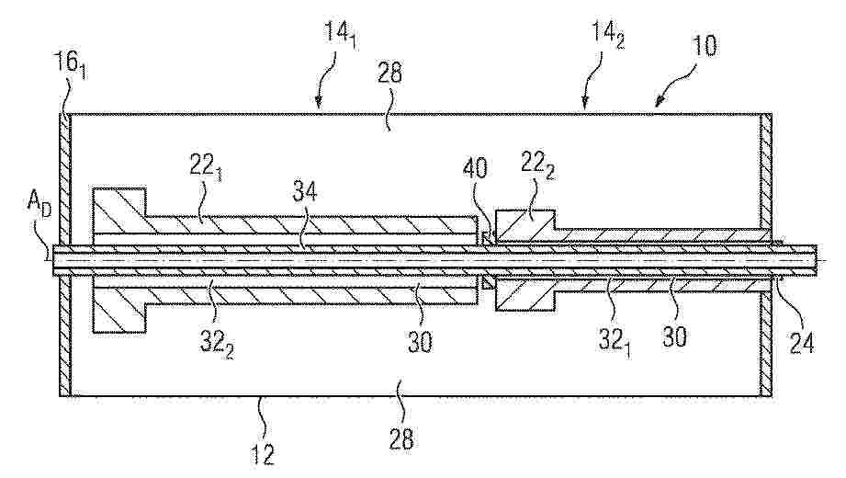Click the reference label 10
tap(705, 46)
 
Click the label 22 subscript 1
tap(208, 166)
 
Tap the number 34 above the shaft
tap(305, 191)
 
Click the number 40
tap(474, 168)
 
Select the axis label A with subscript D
tap(40, 207)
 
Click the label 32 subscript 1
tap(614, 341)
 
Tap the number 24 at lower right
tap(801, 343)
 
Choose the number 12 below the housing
tap(263, 453)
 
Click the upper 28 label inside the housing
tap(390, 73)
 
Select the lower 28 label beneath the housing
tap(400, 439)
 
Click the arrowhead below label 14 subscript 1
tap(319, 101)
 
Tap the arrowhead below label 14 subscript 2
tap(585, 103)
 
